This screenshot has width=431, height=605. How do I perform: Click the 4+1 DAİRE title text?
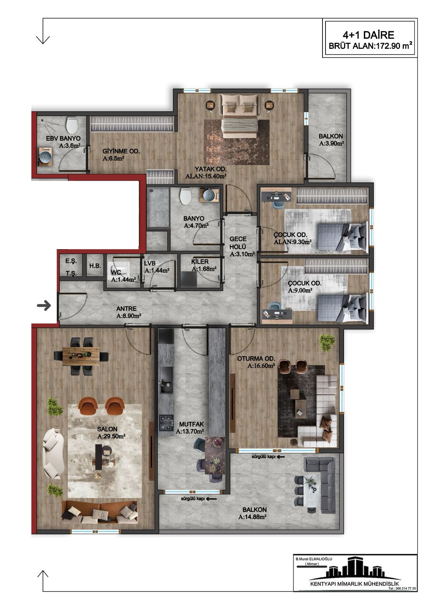(368, 35)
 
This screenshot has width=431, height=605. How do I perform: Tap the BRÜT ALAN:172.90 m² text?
(371, 46)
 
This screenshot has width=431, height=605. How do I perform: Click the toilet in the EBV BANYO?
(72, 125)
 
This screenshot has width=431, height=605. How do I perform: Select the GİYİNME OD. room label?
(121, 151)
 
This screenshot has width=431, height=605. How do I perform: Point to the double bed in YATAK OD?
(239, 116)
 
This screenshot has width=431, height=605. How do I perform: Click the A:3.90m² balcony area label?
(331, 143)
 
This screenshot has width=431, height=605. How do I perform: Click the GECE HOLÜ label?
(238, 243)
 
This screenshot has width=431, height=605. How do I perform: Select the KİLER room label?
(200, 262)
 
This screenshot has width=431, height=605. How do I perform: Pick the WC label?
(116, 273)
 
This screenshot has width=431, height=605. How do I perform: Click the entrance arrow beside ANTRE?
(44, 306)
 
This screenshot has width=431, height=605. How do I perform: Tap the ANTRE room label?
(126, 309)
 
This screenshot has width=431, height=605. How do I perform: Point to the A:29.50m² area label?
(111, 436)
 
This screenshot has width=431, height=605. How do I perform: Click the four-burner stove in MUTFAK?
(166, 422)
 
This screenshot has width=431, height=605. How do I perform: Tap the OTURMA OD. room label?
(256, 359)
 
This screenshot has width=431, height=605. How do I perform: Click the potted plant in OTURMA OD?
(327, 343)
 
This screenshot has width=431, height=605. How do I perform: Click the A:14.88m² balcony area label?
(253, 517)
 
